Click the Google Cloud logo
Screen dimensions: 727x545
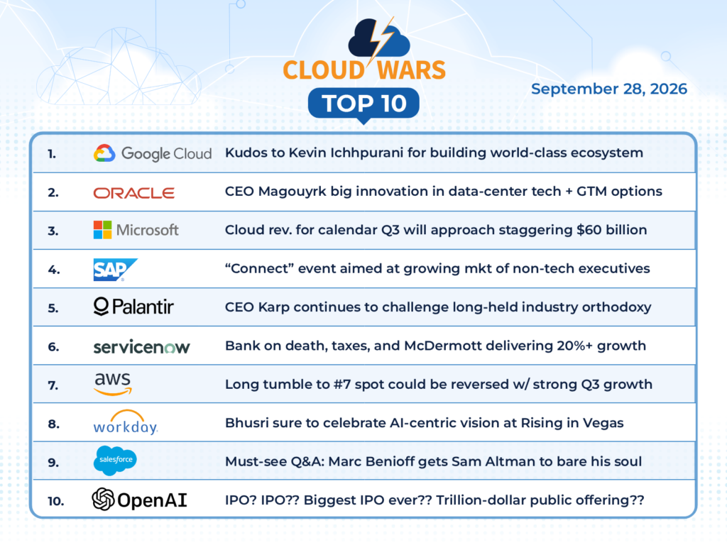tap(153, 153)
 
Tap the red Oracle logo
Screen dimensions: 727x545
tap(134, 193)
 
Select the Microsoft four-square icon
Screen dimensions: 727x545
tap(102, 230)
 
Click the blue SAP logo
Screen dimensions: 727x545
tap(116, 270)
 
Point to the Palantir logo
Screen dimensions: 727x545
tap(133, 307)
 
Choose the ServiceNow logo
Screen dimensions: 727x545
tap(141, 347)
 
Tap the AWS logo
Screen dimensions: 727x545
tap(113, 384)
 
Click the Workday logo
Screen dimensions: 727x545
tap(126, 422)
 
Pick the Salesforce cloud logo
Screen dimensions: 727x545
tap(115, 461)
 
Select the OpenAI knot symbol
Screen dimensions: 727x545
tap(103, 500)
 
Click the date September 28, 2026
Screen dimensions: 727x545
tap(608, 89)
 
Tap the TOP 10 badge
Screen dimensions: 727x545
tap(364, 104)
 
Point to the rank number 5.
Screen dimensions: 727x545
tap(53, 308)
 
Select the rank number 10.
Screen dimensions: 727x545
tap(55, 501)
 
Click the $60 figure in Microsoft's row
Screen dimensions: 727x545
tap(589, 230)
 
